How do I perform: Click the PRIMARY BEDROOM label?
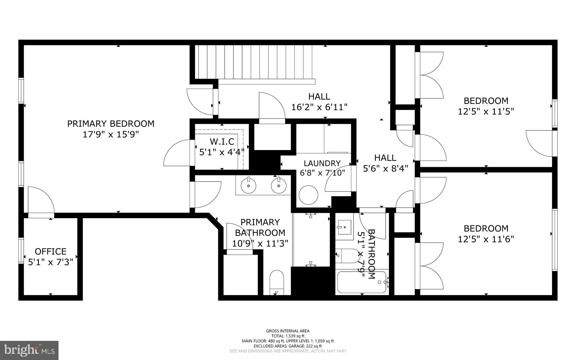click(x=111, y=124)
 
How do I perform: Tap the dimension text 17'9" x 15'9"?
click(x=111, y=135)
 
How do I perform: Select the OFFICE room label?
click(x=51, y=251)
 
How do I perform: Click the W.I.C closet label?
click(x=222, y=141)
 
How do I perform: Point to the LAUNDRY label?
click(x=322, y=163)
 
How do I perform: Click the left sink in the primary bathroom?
click(x=248, y=186)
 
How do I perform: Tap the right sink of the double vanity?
click(x=279, y=186)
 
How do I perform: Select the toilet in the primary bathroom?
click(x=277, y=282)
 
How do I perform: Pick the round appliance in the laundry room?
click(x=308, y=195)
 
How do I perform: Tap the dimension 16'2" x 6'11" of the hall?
click(x=319, y=107)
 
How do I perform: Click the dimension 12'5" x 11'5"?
click(x=486, y=112)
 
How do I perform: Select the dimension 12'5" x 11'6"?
click(x=486, y=239)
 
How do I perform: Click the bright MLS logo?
click(x=29, y=350)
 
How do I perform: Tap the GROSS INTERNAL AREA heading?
click(x=288, y=331)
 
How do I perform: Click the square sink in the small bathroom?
click(x=344, y=227)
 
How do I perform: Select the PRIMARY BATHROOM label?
click(x=260, y=227)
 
